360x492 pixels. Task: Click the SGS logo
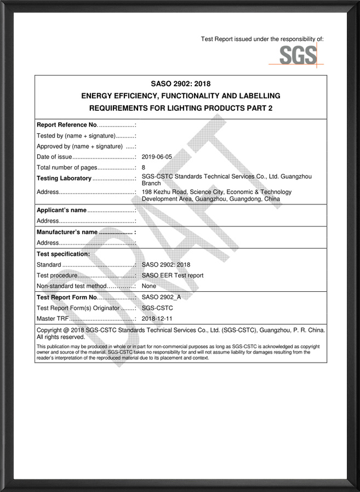[x=298, y=55]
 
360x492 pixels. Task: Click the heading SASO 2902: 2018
[x=180, y=84]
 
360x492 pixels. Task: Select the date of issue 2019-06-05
[x=157, y=157]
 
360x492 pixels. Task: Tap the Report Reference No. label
[x=67, y=125]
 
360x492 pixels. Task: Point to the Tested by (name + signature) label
[x=76, y=135]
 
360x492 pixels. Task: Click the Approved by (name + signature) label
[x=79, y=146]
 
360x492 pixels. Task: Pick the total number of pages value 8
[x=144, y=167]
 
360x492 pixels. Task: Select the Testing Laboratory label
[x=64, y=178]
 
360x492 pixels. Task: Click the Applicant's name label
[x=61, y=210]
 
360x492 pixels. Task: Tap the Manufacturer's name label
[x=67, y=232]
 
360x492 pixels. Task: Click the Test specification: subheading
[x=63, y=254]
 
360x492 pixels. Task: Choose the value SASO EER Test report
[x=172, y=275]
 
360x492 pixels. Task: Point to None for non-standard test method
[x=148, y=286]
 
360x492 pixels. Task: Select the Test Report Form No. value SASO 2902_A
[x=164, y=297]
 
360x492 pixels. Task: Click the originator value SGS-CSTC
[x=157, y=308]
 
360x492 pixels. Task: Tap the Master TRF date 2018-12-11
[x=157, y=319]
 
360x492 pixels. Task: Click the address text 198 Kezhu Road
[x=165, y=192]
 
